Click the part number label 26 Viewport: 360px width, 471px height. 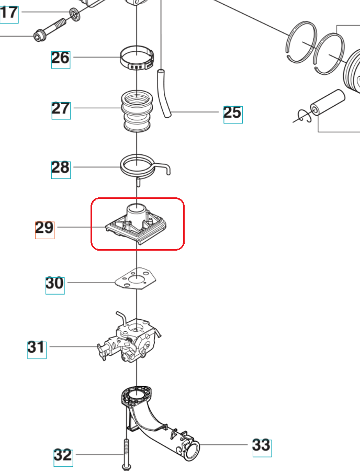click(61, 58)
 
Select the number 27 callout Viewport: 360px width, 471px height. click(61, 109)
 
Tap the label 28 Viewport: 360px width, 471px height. click(61, 168)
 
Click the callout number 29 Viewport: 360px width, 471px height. click(44, 228)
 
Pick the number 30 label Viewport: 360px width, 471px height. click(55, 284)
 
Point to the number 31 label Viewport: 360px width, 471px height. click(37, 348)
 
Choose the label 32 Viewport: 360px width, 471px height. click(63, 456)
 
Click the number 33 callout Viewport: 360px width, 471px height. click(262, 446)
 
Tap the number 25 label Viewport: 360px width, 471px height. click(233, 113)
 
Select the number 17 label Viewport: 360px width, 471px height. click(9, 13)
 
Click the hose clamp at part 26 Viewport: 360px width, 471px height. click(137, 58)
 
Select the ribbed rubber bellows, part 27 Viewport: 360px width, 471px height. click(137, 111)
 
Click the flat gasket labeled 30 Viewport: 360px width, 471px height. click(136, 279)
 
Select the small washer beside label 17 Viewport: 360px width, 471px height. click(75, 14)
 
